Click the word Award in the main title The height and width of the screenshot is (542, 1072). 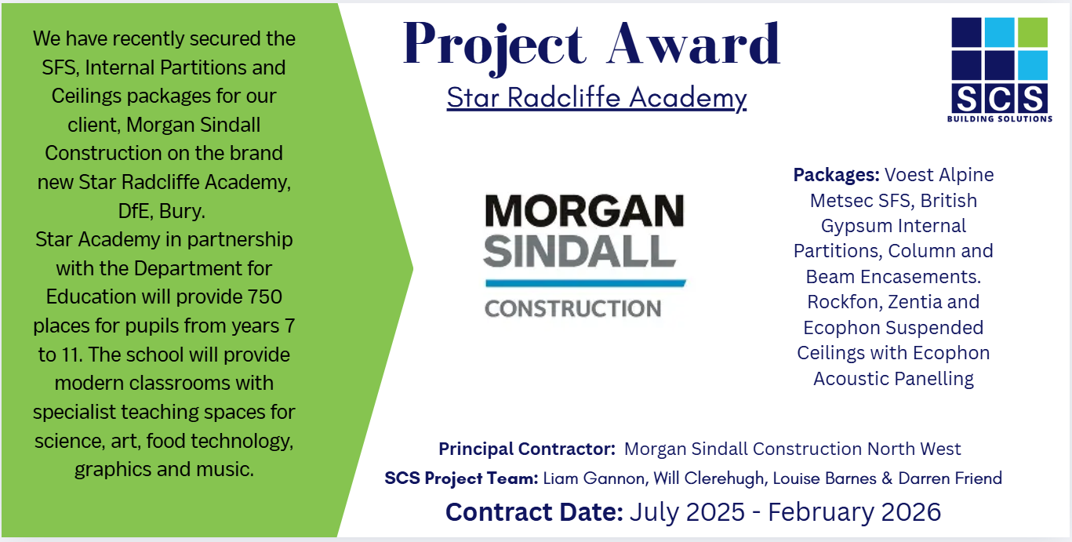point(694,43)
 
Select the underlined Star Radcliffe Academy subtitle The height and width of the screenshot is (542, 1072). point(597,98)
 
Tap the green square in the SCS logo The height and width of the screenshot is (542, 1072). point(1033,32)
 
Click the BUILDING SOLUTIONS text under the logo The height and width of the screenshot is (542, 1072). point(1000,118)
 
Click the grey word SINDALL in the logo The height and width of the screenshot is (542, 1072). point(580,251)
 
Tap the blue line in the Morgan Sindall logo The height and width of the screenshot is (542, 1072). point(586,283)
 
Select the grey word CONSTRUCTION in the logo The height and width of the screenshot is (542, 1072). point(572,309)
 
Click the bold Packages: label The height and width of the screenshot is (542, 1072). point(836,175)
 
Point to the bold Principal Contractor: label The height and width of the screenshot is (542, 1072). point(527,449)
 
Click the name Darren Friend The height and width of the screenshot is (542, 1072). point(950,478)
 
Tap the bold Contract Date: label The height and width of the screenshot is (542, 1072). point(534,512)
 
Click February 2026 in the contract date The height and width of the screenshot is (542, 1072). point(854,512)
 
